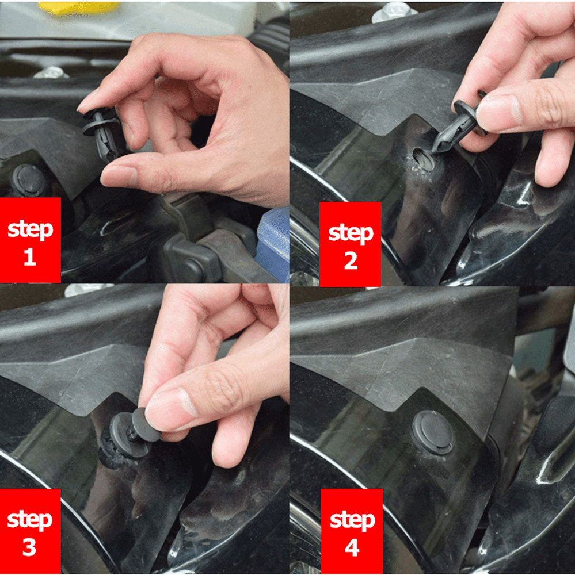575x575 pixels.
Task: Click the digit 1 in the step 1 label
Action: coord(30,256)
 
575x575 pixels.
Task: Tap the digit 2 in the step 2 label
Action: coord(351,260)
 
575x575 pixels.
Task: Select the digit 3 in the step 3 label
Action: coord(30,547)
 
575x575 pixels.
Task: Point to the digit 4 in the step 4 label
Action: coord(352,547)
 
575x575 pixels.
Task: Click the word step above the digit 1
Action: coord(30,229)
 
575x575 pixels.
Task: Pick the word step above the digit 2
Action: coord(351,233)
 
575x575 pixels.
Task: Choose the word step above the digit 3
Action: coord(30,520)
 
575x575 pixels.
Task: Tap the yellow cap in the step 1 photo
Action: coord(79,8)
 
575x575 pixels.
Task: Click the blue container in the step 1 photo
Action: coord(273,244)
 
